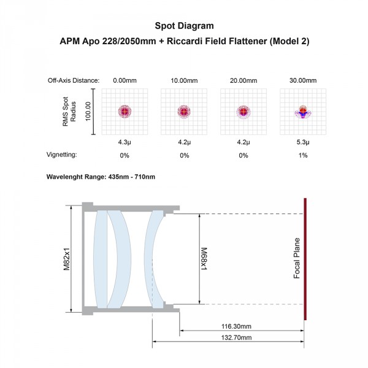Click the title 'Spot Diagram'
[184, 26]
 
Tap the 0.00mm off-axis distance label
[125, 80]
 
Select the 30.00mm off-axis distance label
[303, 80]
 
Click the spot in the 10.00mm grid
[184, 112]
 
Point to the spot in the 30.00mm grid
[303, 112]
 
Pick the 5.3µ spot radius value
[303, 142]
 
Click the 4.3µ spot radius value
[125, 142]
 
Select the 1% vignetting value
[303, 155]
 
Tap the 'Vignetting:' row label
[62, 155]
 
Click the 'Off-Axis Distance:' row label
[74, 80]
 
